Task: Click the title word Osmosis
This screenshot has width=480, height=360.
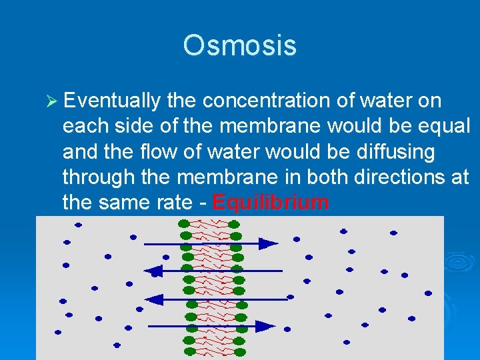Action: click(x=239, y=45)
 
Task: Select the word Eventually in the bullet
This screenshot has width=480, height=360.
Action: click(x=113, y=101)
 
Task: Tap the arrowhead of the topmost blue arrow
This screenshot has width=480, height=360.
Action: click(x=269, y=243)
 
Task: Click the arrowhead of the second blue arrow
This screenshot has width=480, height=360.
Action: click(x=155, y=271)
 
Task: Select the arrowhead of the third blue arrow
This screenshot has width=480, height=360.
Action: click(x=151, y=299)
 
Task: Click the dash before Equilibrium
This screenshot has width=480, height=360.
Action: click(x=201, y=202)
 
